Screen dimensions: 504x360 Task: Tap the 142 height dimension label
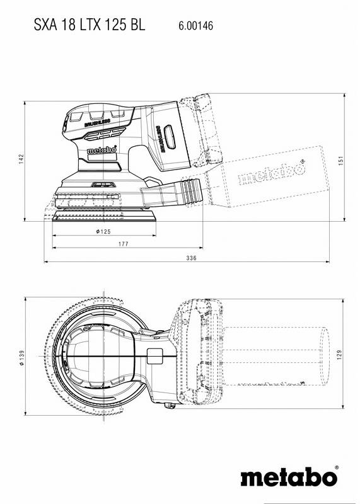21,159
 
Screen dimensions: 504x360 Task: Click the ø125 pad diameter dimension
103,232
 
